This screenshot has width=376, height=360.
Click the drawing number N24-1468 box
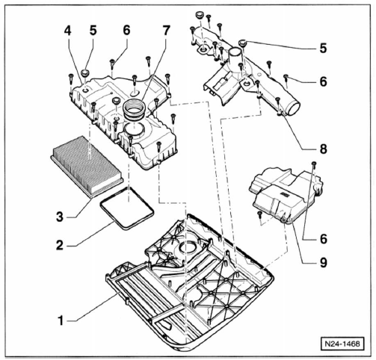(342, 344)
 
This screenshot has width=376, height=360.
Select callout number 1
(61, 320)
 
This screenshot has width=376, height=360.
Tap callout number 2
(60, 245)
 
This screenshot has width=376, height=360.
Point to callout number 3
(60, 217)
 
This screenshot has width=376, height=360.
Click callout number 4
(67, 31)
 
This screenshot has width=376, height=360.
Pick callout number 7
(166, 31)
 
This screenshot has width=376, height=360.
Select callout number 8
(323, 149)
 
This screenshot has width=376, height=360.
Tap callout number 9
(323, 263)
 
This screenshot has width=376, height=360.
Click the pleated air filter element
(87, 167)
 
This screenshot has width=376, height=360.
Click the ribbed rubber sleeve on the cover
(134, 110)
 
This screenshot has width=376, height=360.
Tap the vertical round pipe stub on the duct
(235, 58)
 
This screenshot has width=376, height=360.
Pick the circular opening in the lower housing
(186, 247)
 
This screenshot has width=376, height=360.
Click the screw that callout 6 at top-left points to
(112, 63)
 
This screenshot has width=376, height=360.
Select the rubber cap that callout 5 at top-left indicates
(86, 73)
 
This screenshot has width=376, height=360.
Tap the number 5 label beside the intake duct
(323, 48)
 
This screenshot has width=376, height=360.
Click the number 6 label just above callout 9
(323, 239)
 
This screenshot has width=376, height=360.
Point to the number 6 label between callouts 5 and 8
(323, 81)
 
